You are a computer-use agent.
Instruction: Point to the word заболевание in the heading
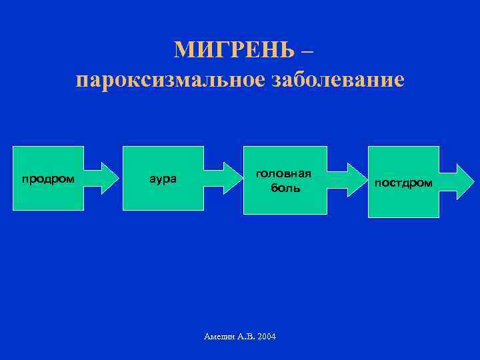point(336,80)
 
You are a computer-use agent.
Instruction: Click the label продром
point(48,179)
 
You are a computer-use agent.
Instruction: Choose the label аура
point(162,179)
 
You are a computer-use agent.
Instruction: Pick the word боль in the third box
point(285,188)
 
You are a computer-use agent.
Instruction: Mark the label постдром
point(403,182)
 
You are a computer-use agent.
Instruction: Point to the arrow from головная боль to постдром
point(347,179)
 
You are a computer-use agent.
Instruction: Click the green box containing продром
point(48,160)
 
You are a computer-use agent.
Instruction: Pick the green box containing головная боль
point(285,203)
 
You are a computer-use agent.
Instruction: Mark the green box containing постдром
point(403,203)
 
